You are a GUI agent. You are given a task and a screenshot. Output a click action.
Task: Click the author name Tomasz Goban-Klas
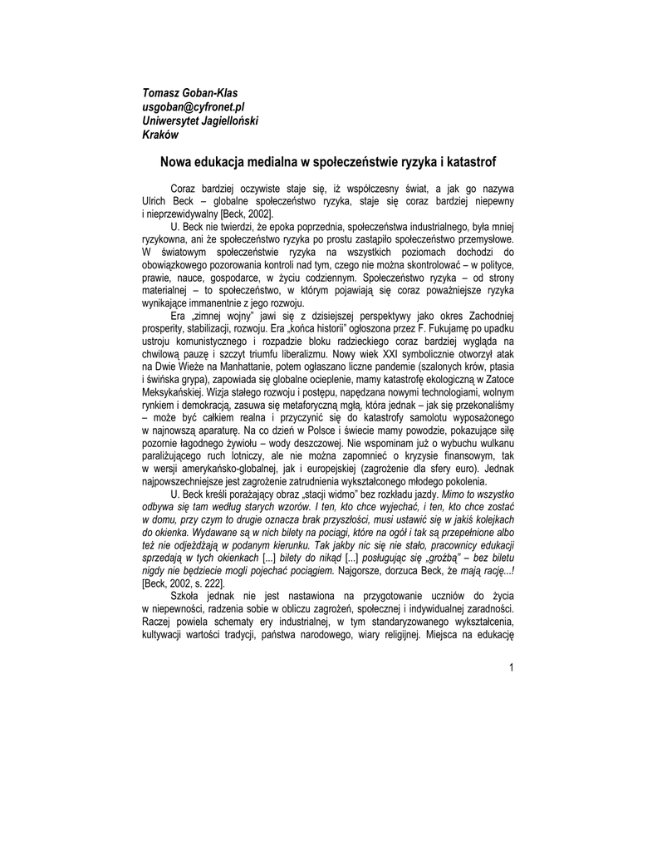click(190, 93)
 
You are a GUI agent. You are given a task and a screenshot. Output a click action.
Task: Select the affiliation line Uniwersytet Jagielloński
click(200, 121)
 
